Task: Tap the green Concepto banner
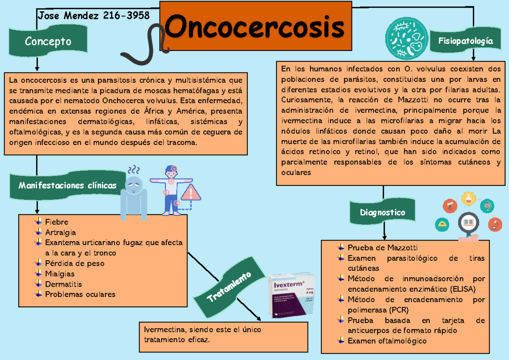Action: coord(48,41)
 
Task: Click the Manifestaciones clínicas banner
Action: coord(67,185)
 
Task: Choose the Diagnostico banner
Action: coord(382,212)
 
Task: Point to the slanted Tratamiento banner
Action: coord(229,287)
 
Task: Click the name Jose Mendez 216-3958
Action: coord(94,16)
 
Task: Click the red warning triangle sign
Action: coord(191,193)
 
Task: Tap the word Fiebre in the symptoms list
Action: coord(56,222)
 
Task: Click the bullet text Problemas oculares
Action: coord(80,294)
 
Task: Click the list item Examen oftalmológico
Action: coord(387,341)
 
